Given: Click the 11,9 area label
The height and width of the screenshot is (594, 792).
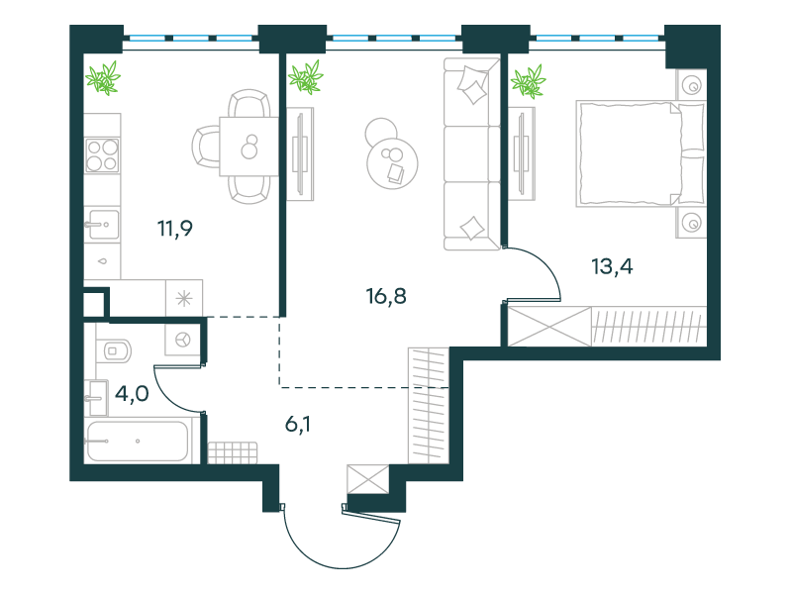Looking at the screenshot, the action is click(x=175, y=229).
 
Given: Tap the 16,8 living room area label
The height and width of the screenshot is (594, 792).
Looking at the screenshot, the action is click(x=386, y=296).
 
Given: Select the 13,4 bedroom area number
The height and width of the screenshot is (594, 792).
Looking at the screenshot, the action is click(x=612, y=266).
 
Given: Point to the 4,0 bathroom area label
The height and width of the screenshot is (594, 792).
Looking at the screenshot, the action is click(x=132, y=393).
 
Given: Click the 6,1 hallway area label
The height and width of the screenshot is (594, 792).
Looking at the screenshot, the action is click(x=298, y=425).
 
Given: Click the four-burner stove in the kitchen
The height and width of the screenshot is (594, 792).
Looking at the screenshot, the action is click(x=102, y=155).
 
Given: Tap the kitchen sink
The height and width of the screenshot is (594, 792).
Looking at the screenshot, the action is click(x=102, y=225).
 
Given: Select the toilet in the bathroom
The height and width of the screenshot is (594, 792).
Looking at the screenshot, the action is click(x=114, y=350).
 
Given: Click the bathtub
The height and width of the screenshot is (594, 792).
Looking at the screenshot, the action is click(x=138, y=441).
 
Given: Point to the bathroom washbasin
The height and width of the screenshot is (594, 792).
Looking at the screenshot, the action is click(x=97, y=398).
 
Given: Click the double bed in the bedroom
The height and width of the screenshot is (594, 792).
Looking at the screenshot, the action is click(x=641, y=153).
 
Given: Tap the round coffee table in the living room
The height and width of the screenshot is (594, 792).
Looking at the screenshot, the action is click(x=392, y=162).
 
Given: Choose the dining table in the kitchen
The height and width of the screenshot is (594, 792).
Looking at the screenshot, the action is click(x=249, y=147).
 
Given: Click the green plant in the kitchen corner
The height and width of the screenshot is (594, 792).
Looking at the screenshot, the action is click(x=103, y=78).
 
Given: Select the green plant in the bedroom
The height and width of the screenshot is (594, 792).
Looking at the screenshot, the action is click(x=529, y=81).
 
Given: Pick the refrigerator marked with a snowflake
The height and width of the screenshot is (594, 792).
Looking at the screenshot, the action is click(x=184, y=298).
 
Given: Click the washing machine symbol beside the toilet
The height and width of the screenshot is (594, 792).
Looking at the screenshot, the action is click(x=183, y=340).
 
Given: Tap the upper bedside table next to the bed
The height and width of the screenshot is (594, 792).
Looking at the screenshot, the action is click(x=691, y=85).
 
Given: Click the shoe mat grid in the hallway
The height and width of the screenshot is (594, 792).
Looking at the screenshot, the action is click(x=233, y=452).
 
